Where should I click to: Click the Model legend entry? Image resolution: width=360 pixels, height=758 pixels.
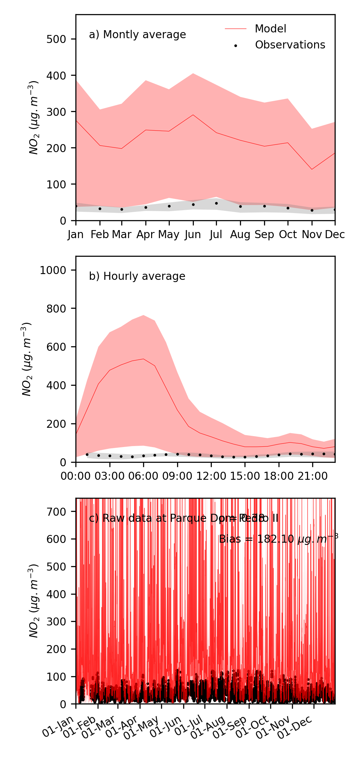point(270,29)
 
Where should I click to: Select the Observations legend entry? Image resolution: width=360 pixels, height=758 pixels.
point(290,45)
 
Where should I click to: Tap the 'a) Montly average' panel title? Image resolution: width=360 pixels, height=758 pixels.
point(137,35)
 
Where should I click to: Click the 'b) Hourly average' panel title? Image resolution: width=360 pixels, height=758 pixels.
point(137,276)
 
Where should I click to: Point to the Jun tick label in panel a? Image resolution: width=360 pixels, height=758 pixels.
point(193,235)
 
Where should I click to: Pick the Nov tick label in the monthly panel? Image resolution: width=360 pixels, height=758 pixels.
point(312,235)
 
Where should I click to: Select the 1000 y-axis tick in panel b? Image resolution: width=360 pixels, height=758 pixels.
point(53,270)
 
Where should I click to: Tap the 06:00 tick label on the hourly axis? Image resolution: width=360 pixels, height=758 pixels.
point(143,476)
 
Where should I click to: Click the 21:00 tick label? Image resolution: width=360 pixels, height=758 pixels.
point(313,476)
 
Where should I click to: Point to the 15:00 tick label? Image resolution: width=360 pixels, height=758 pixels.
point(245,476)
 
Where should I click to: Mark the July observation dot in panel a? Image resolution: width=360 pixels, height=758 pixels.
point(216,203)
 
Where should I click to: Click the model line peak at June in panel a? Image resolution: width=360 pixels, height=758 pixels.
point(193,115)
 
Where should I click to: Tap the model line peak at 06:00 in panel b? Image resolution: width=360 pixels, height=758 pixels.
point(143,359)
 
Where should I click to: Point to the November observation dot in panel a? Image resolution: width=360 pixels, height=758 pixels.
point(312,210)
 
